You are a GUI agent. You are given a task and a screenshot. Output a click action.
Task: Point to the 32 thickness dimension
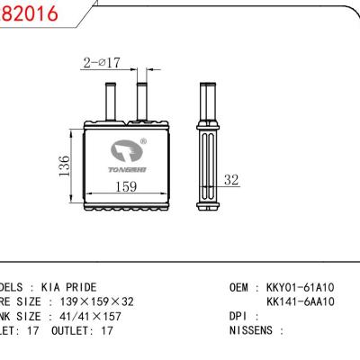click(x=231, y=180)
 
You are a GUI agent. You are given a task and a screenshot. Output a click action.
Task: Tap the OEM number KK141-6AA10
click(x=301, y=301)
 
